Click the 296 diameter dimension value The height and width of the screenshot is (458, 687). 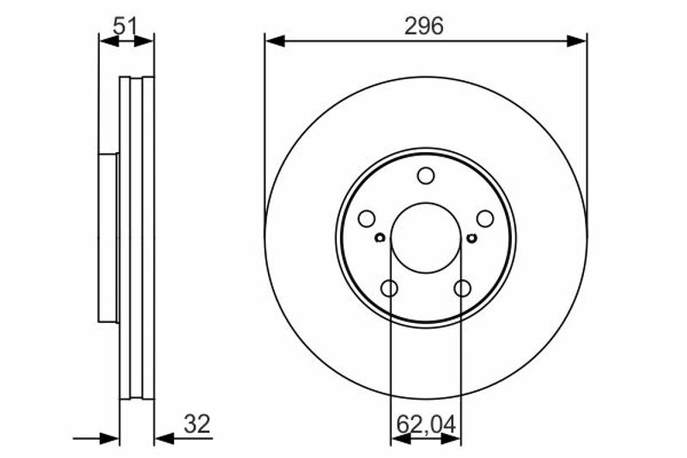[x=423, y=26]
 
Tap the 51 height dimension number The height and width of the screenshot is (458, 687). [x=125, y=26]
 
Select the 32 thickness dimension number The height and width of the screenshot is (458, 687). [x=198, y=424]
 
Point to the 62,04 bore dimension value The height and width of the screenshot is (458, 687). [x=426, y=424]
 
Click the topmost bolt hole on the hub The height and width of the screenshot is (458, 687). [x=426, y=176]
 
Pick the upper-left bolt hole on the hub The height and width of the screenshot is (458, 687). [x=367, y=219]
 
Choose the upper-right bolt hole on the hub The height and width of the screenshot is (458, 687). [x=485, y=219]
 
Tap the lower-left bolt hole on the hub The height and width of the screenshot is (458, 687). [x=389, y=289]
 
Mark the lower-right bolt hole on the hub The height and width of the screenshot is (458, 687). [x=462, y=289]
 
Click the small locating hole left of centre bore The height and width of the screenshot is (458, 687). [x=380, y=238]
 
